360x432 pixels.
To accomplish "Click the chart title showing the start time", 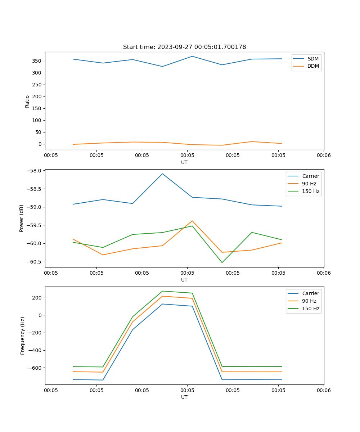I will pos(184,47).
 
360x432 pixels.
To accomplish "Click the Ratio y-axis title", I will pos(27,101).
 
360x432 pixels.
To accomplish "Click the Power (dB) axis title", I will pos(22,218).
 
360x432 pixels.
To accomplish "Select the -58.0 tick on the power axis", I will pos(35,171).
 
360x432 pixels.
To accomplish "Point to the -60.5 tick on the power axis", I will pos(35,262).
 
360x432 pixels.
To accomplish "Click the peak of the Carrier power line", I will pos(162,174).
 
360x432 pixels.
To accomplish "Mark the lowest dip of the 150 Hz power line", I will pos(222,262).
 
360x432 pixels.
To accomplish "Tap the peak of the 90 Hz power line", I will pos(192,221).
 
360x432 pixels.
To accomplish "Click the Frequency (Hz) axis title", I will pos(23,336).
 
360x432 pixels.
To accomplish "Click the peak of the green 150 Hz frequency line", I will pos(162,291).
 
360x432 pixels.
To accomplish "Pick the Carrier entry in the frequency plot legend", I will pos(310,293).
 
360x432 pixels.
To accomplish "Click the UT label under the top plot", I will pos(184,162).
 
